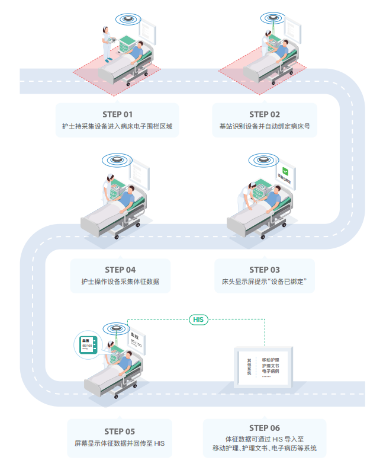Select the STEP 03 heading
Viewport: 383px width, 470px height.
[x=265, y=270]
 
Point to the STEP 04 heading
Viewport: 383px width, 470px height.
[x=120, y=270]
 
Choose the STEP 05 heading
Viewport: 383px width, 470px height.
[x=120, y=431]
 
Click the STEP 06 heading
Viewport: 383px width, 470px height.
[x=265, y=428]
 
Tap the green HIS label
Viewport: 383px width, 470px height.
[x=198, y=320]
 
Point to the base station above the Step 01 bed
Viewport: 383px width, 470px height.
[x=128, y=18]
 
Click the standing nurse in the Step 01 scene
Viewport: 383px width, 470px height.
[x=106, y=43]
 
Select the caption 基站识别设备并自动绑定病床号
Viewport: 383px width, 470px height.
[x=265, y=127]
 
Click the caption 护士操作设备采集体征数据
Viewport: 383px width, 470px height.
[x=120, y=282]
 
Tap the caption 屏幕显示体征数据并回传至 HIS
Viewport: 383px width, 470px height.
[x=120, y=443]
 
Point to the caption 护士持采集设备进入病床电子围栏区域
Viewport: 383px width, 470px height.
[x=117, y=127]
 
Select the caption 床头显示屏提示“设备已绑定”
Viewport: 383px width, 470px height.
[x=265, y=282]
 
